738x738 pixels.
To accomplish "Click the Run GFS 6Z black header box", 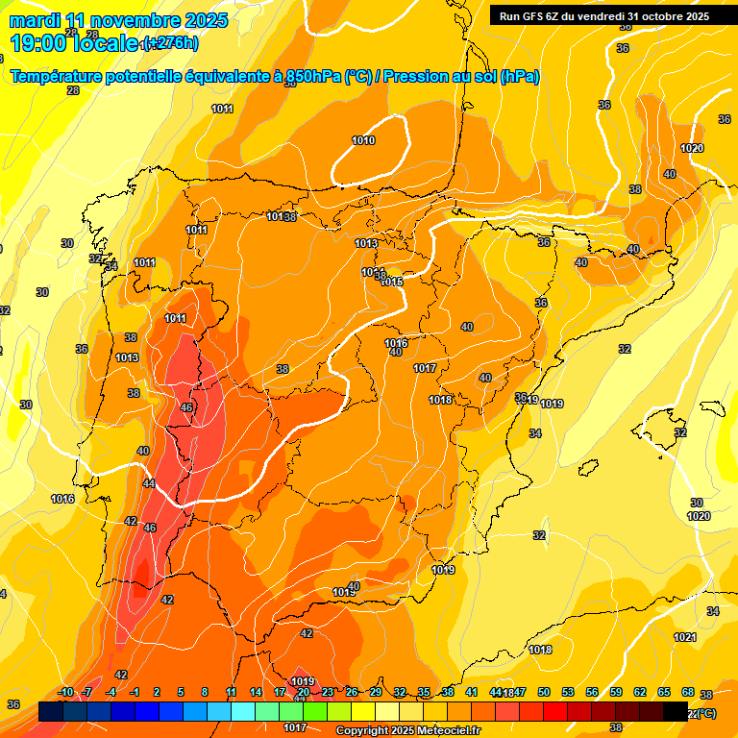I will click(603, 15).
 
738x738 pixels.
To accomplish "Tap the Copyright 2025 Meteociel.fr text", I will click(407, 731).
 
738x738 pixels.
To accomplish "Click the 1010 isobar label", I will click(363, 141).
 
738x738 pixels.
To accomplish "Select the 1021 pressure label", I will click(685, 637).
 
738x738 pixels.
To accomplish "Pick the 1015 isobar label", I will click(392, 282).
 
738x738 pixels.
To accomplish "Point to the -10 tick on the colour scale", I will click(65, 693).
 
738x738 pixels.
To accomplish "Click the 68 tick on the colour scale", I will click(688, 693).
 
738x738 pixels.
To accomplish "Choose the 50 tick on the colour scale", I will click(544, 693).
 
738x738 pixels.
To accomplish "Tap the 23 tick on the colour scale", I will click(328, 693).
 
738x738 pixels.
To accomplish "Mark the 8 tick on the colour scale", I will click(205, 693).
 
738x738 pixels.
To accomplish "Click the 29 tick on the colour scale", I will click(376, 693).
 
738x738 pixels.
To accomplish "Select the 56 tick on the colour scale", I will click(592, 693).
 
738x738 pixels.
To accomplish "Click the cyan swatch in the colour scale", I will click(243, 712).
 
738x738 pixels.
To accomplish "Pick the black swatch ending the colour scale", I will click(676, 712).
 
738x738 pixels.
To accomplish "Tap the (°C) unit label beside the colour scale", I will click(705, 713).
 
